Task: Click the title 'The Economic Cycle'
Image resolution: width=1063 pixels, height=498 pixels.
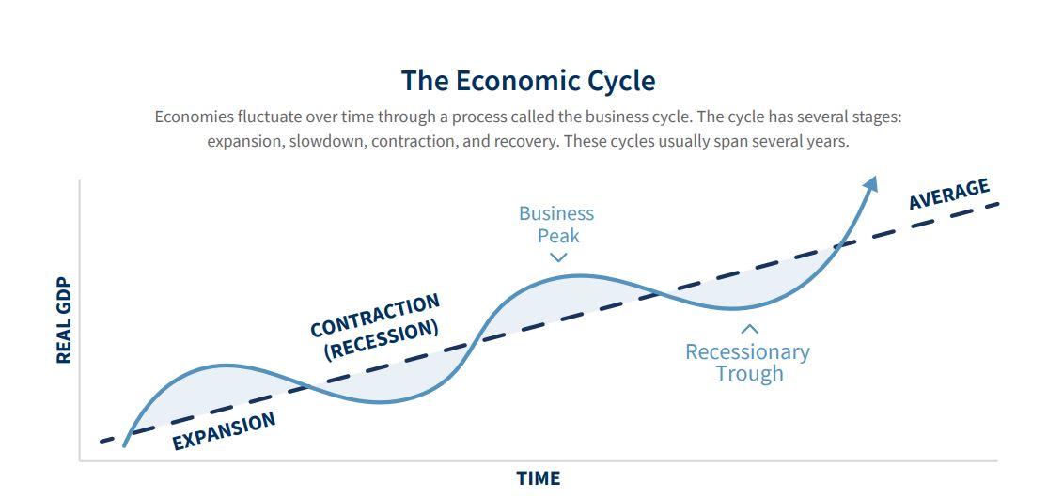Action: [528, 81]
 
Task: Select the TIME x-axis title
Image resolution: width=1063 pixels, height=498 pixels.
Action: [539, 478]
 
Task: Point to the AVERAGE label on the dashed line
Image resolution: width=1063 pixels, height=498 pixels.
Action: [949, 195]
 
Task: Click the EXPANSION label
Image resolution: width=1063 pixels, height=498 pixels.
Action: [224, 431]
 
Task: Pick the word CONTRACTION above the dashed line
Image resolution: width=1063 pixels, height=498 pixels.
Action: [375, 315]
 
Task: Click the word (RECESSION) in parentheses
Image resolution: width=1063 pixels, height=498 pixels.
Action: [382, 339]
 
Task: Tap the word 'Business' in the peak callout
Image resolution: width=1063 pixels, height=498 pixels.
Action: [555, 213]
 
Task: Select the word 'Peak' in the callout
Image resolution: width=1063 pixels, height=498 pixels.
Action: [558, 236]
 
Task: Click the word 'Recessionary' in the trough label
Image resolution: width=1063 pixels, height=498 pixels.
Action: [747, 352]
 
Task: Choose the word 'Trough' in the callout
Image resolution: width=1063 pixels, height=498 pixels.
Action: [749, 373]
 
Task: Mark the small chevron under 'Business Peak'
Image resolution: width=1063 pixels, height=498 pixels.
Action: [558, 257]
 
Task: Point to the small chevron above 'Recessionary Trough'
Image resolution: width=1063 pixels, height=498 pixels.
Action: [749, 329]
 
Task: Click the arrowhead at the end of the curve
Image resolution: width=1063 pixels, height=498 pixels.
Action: [871, 183]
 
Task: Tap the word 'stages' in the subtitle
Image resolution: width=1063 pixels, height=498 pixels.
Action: [877, 117]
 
